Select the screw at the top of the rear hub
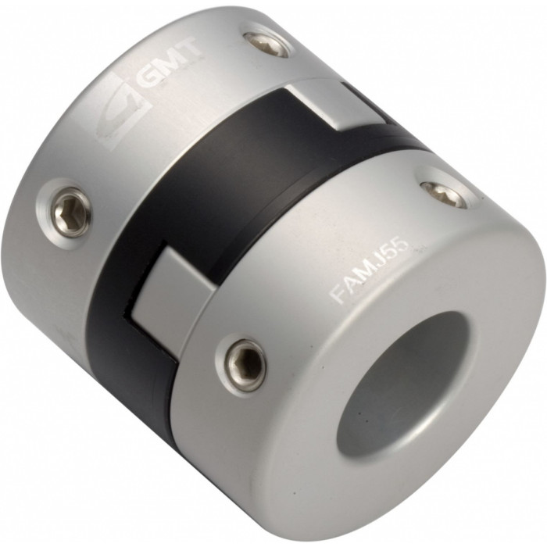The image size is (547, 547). coord(267,45)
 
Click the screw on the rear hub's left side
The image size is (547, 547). coord(71,213)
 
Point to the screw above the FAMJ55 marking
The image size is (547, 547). coord(444,194)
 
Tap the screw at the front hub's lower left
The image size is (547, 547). coord(245,366)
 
